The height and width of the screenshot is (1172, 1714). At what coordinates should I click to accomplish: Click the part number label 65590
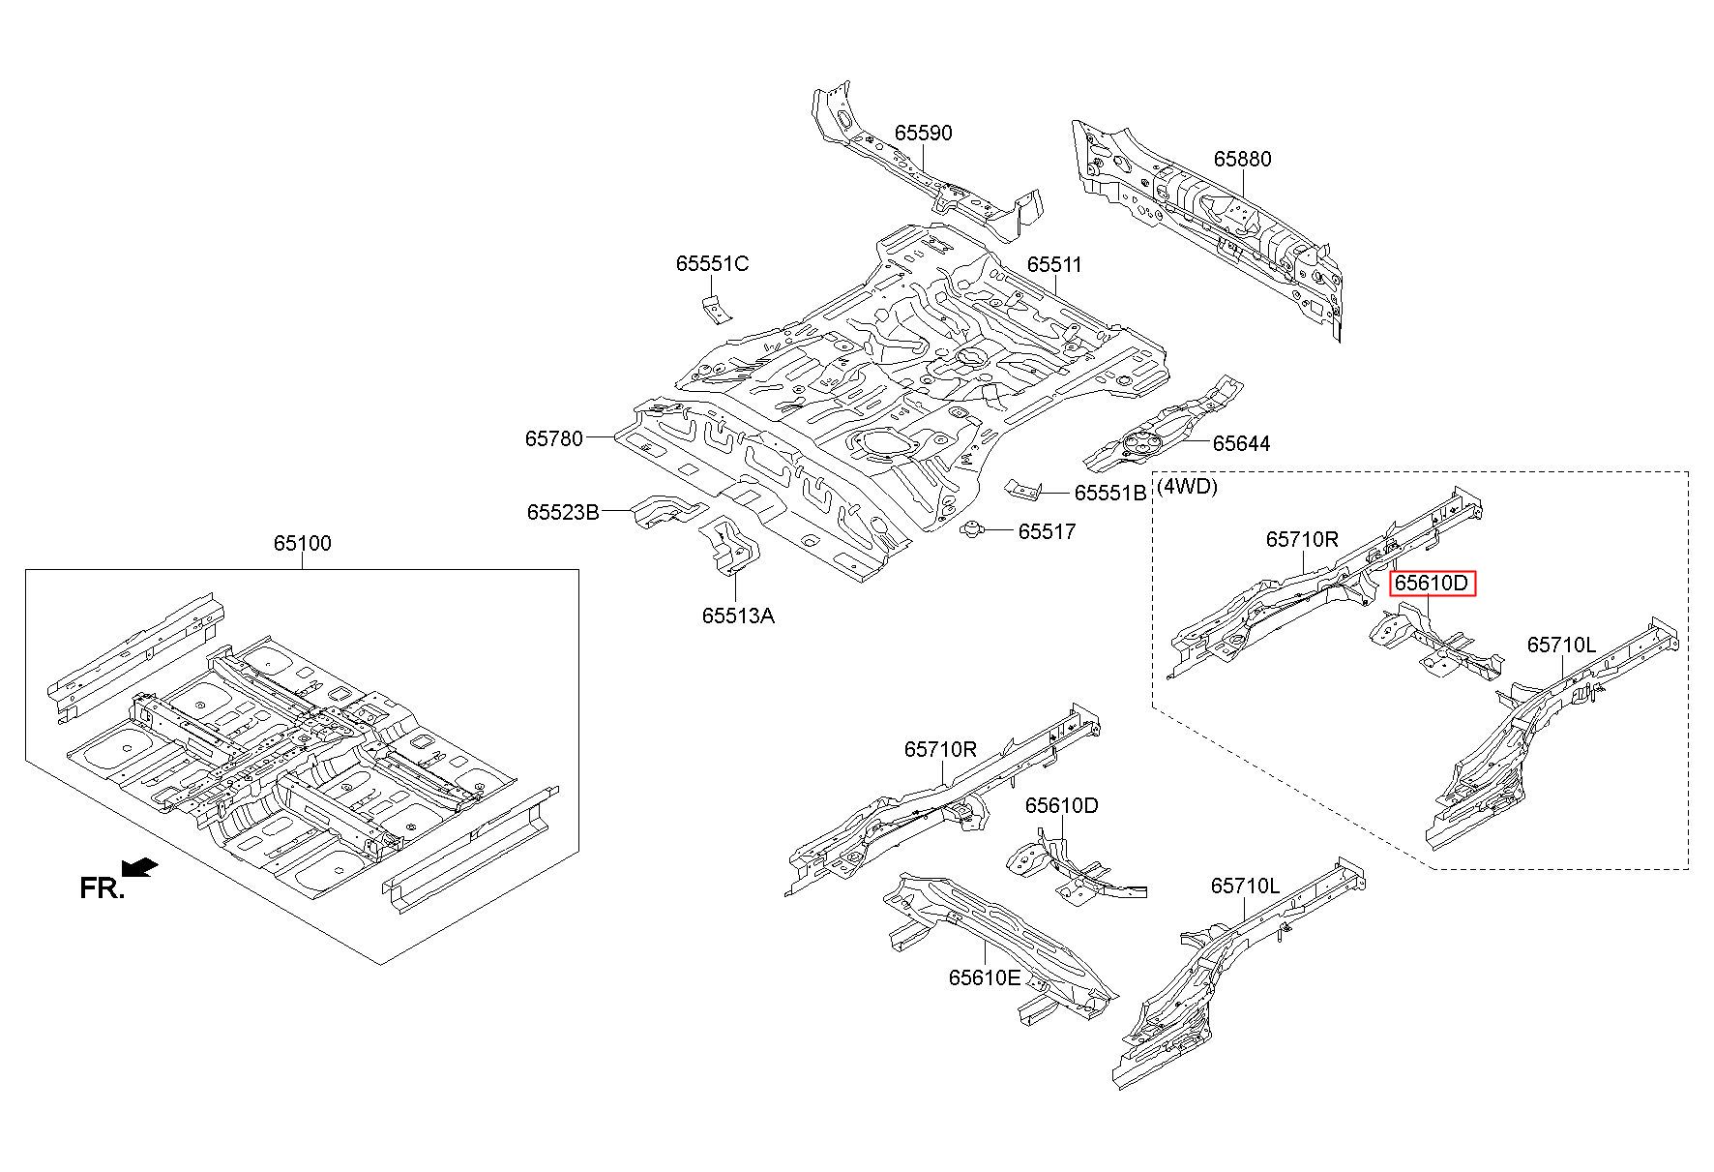tap(923, 133)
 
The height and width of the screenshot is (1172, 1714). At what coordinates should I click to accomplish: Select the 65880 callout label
tap(1243, 159)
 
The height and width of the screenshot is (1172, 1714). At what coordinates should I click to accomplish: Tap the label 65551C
tap(712, 263)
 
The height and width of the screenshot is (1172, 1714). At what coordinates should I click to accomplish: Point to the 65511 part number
tap(1054, 264)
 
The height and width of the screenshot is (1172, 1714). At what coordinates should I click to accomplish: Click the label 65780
tap(554, 438)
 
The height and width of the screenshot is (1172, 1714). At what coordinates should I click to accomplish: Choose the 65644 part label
tap(1242, 443)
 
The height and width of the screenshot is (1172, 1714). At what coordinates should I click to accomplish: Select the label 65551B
tap(1110, 493)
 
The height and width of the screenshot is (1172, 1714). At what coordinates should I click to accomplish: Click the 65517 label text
tap(1047, 531)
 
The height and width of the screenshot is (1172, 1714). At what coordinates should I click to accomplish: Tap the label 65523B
tap(563, 511)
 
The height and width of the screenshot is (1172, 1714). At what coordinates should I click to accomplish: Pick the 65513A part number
tap(738, 616)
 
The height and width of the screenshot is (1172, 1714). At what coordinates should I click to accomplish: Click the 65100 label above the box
tap(302, 543)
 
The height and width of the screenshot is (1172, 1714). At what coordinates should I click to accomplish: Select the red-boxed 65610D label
tap(1433, 584)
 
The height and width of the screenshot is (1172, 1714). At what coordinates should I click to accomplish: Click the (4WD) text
tap(1187, 486)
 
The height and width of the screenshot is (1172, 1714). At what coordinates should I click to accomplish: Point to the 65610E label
tap(984, 977)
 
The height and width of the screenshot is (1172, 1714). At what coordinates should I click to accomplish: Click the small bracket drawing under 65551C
tap(717, 310)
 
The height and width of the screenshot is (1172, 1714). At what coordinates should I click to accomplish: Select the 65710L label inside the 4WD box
tap(1561, 645)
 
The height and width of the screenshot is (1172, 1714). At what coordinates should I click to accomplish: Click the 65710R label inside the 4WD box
tap(1302, 539)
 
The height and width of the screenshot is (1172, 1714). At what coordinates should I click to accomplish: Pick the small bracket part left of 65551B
tap(1023, 490)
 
